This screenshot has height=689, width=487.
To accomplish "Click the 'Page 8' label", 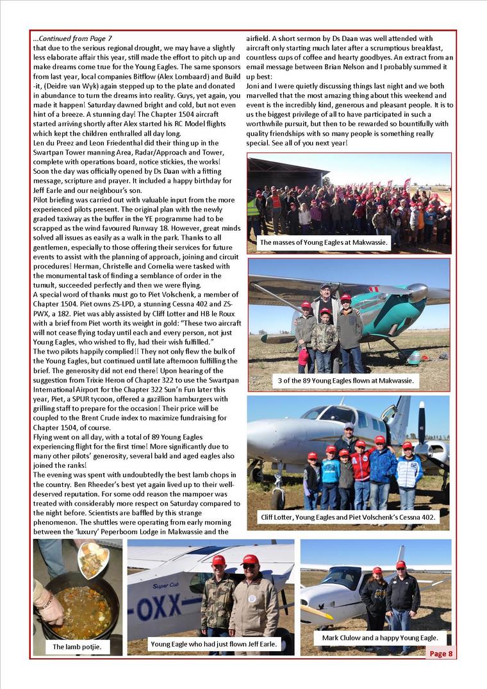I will coord(441,653).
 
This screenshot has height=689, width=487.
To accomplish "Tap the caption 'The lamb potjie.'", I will coord(77,647).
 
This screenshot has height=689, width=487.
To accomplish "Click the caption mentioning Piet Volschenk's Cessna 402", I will coord(349,517).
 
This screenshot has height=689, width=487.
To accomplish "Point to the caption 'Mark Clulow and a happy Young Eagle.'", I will coord(379,638).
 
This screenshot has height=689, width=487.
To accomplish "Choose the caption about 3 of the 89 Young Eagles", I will coord(345,381).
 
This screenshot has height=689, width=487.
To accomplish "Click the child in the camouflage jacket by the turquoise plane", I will coord(325,336).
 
